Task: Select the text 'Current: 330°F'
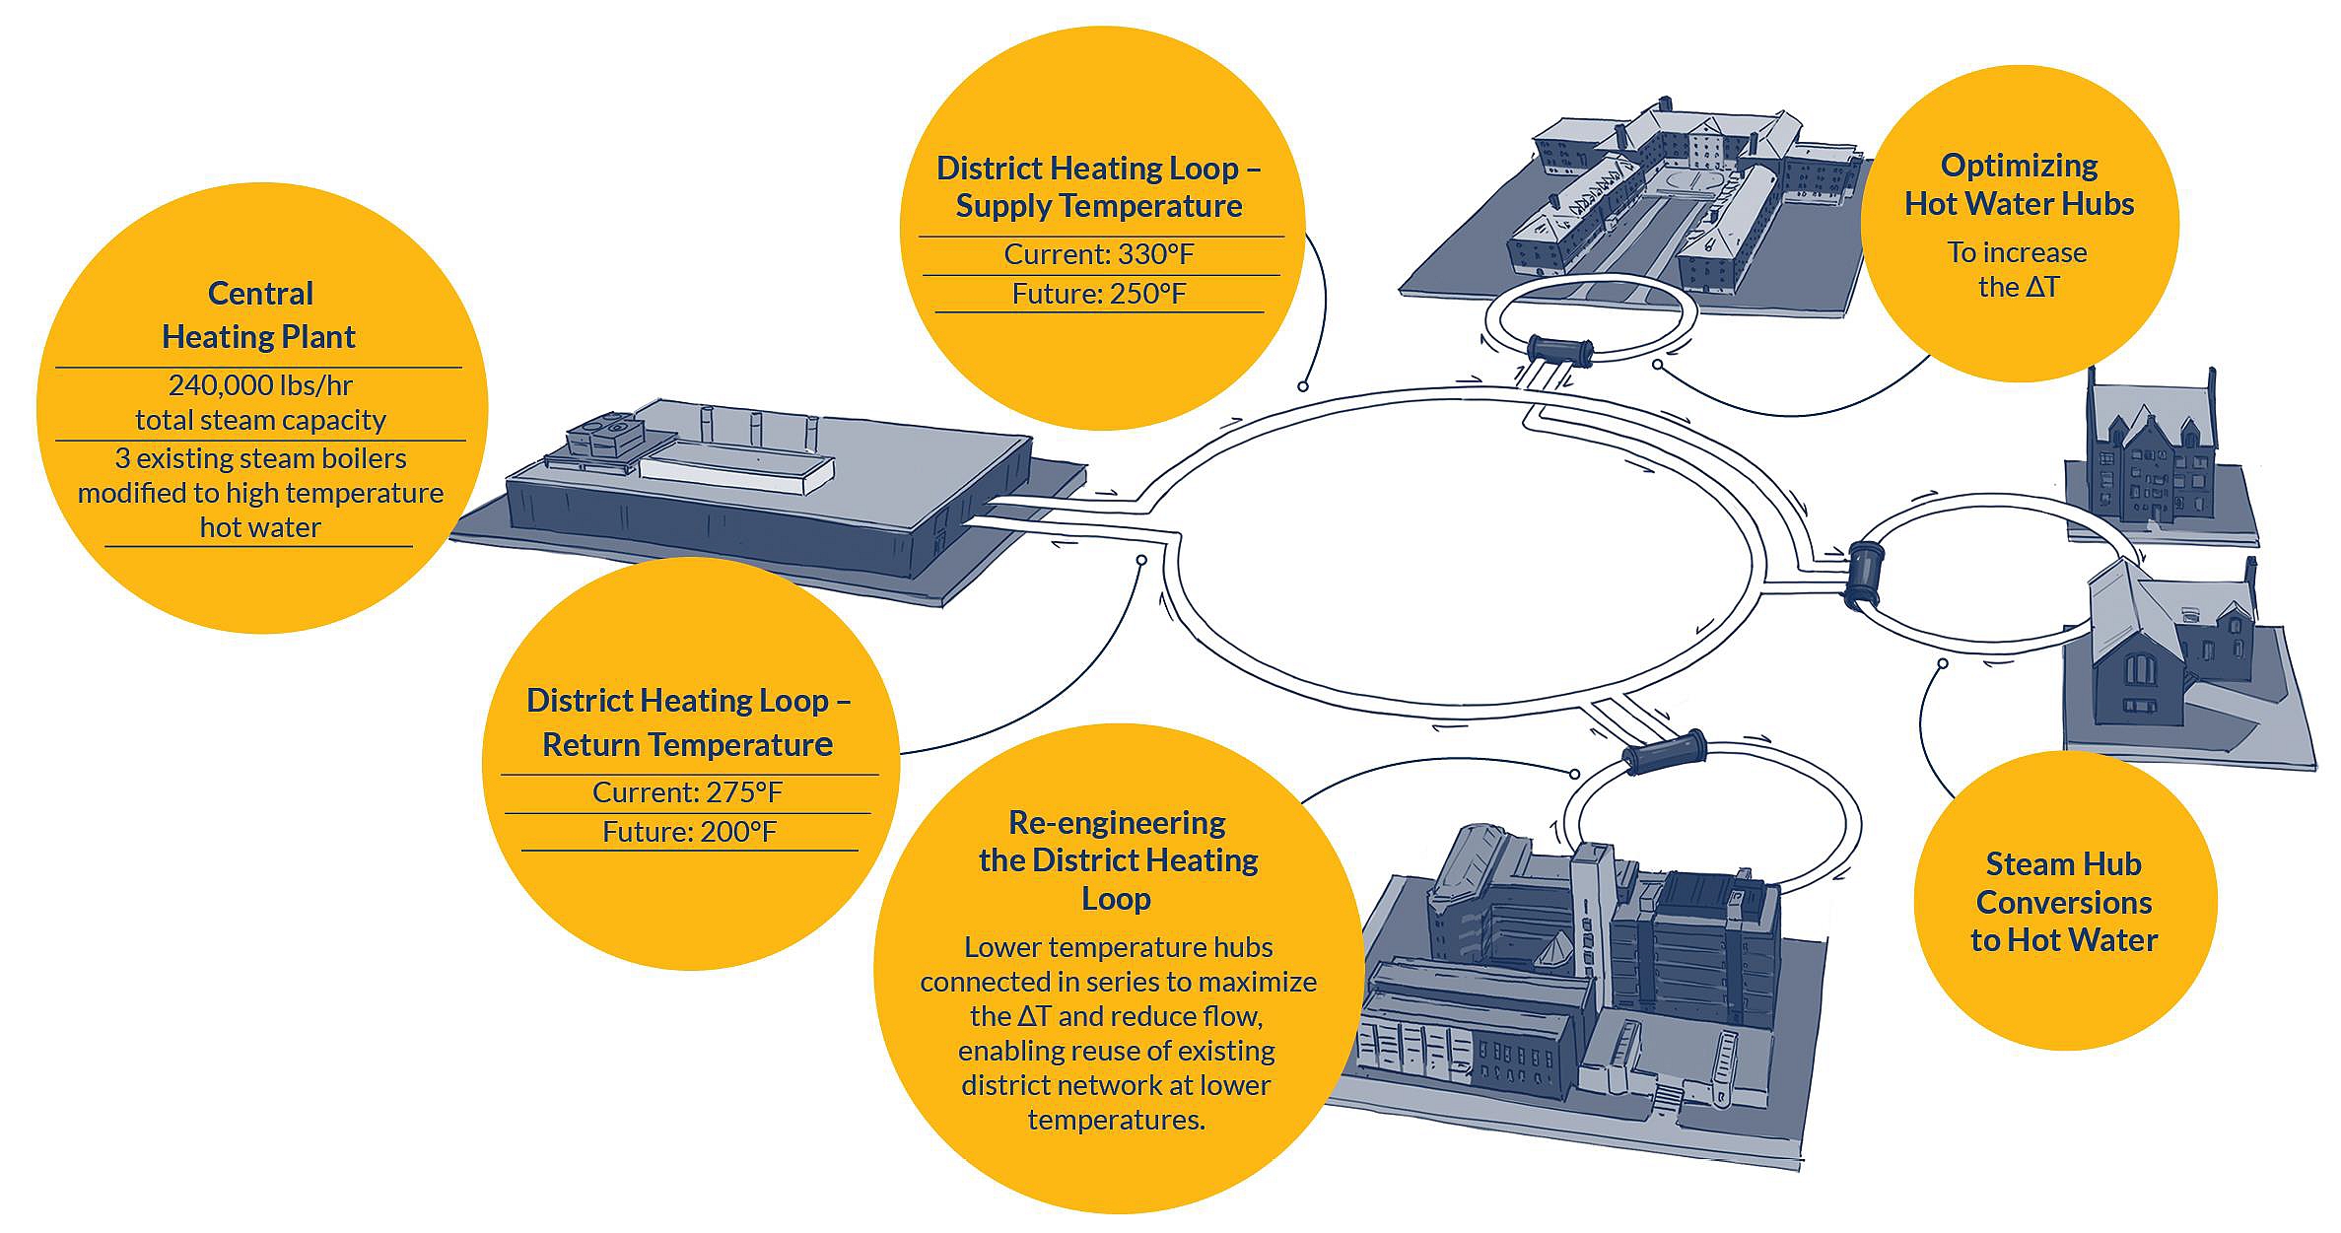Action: [x=1098, y=254]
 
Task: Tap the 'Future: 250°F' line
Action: [x=1098, y=294]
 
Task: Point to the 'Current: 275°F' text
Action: [x=687, y=792]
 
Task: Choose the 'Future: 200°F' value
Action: [x=689, y=832]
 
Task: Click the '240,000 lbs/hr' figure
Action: [x=260, y=384]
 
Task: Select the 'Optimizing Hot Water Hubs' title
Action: [x=2019, y=184]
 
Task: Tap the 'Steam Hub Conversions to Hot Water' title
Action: [x=2064, y=902]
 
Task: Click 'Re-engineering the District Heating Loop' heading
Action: [x=1118, y=860]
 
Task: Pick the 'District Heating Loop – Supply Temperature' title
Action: [x=1099, y=186]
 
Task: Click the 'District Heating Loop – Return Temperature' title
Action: [x=688, y=721]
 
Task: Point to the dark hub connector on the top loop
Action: [x=1558, y=351]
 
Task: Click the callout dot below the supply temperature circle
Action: [x=1303, y=386]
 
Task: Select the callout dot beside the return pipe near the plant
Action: [x=1140, y=560]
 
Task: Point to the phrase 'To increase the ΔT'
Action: [x=2017, y=269]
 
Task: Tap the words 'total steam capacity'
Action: [x=260, y=420]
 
